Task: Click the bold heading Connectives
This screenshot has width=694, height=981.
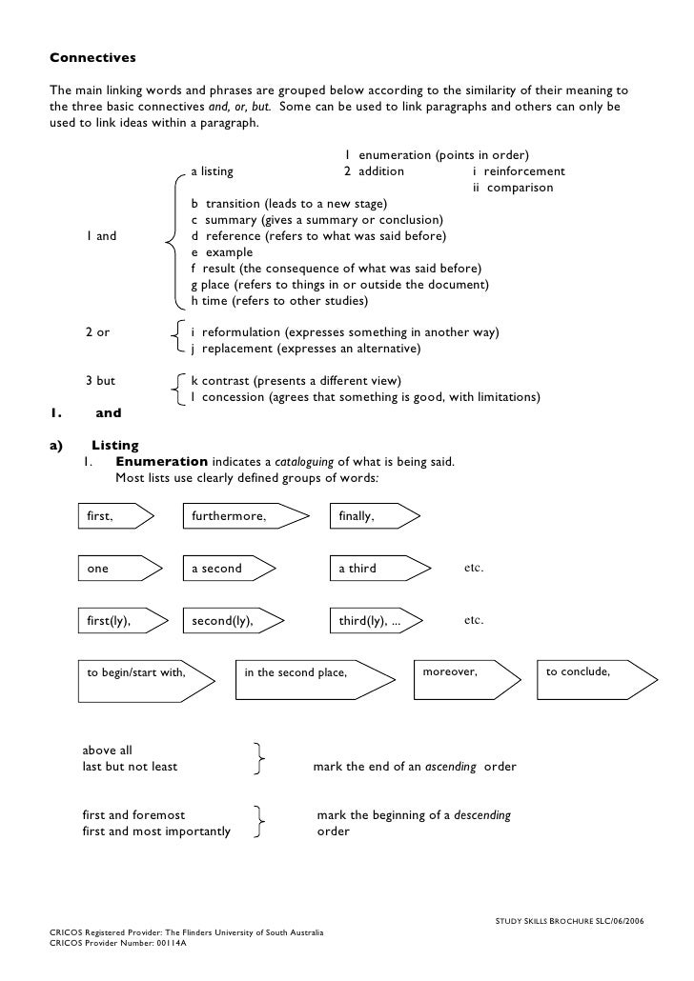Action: click(92, 58)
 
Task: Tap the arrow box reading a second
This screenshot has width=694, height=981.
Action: click(229, 569)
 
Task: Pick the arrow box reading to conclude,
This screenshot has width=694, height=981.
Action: click(596, 677)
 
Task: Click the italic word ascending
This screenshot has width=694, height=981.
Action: click(451, 766)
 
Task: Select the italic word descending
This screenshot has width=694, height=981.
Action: click(482, 815)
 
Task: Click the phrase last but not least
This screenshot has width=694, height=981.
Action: click(130, 766)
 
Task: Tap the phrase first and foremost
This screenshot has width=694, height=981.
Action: click(133, 815)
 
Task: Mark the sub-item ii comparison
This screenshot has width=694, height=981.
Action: click(513, 188)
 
